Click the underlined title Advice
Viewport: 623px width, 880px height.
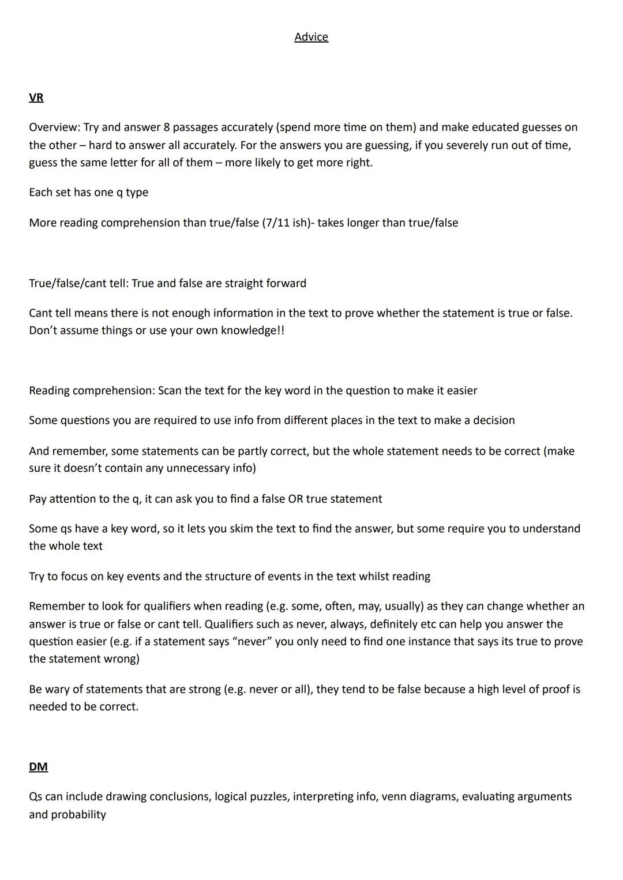pos(311,37)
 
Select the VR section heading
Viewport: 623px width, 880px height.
pos(36,97)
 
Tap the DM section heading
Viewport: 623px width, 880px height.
pos(38,766)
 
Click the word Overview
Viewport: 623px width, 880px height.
pos(54,127)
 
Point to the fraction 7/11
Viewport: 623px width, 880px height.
pos(276,223)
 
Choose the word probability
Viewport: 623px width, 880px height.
pos(78,814)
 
